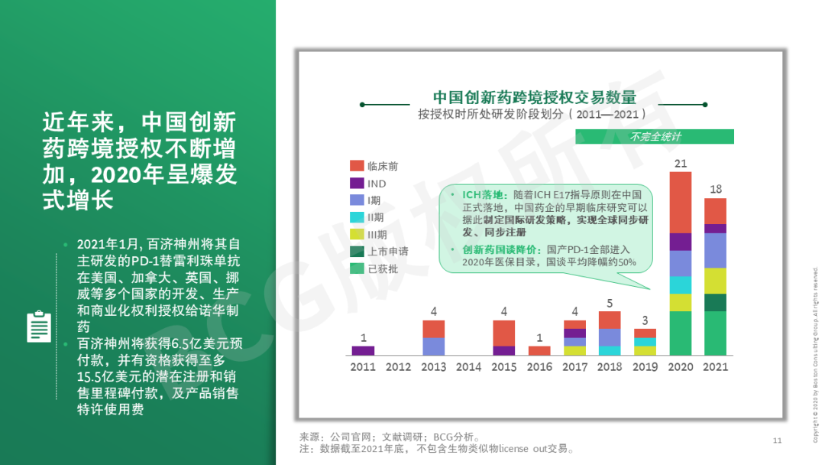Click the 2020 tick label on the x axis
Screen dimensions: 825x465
[681, 366]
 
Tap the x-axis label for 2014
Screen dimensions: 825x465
[468, 366]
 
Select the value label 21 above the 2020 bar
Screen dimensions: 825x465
[681, 163]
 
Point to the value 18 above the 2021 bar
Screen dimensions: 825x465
[716, 189]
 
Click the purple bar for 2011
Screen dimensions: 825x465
[363, 350]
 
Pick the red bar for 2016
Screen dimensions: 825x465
[539, 350]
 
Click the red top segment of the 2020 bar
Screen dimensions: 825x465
[681, 203]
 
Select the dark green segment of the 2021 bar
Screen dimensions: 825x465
[716, 302]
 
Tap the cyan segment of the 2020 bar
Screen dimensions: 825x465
[681, 285]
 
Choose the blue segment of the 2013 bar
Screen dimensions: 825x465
[434, 346]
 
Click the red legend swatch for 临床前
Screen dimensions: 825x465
[357, 166]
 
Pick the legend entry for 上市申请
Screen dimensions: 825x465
[380, 251]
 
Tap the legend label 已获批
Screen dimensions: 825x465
[383, 268]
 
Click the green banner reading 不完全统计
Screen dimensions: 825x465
[655, 136]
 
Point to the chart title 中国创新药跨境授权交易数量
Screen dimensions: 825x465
[535, 97]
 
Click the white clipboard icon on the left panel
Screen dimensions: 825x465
[39, 327]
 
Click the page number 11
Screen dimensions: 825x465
[777, 441]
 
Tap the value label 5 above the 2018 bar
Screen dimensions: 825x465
[610, 304]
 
